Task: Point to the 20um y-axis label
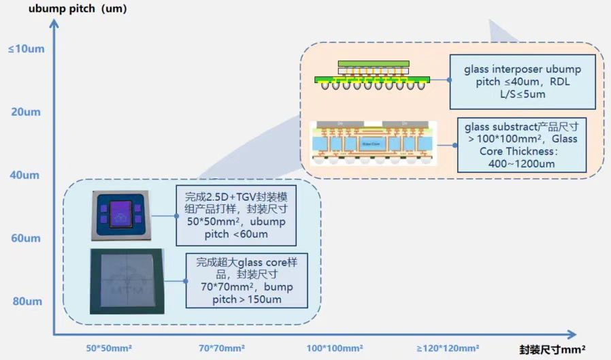[x=26, y=112]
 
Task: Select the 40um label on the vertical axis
[x=26, y=175]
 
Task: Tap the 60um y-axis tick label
[x=26, y=238]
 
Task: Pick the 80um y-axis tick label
[x=26, y=301]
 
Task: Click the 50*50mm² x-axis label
[x=109, y=348]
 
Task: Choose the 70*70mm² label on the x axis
[x=222, y=348]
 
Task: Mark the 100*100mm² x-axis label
[x=334, y=348]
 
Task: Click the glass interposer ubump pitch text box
[x=523, y=82]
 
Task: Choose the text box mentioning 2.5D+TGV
[x=235, y=215]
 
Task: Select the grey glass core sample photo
[x=127, y=281]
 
